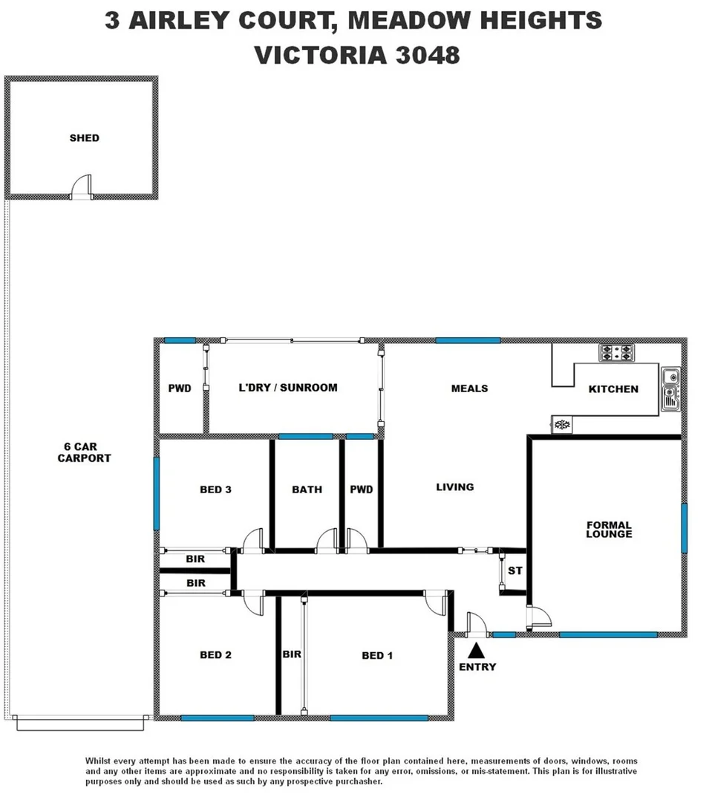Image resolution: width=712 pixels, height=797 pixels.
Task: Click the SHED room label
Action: [84, 138]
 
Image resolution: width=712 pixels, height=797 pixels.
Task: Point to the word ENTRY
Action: [477, 667]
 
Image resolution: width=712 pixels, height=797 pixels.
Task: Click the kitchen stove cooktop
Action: [616, 353]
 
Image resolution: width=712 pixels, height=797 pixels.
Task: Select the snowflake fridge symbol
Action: [562, 425]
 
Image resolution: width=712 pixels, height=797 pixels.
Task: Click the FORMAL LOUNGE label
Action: [609, 530]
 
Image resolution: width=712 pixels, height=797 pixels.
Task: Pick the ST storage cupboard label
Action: [515, 571]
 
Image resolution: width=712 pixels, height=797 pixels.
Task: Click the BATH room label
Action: [307, 489]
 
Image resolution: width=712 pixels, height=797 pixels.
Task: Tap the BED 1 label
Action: [377, 655]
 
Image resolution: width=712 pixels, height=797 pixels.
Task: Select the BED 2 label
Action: [215, 655]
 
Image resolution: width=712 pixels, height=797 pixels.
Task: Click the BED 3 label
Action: [215, 489]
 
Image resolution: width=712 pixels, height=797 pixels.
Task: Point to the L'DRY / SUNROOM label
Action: [288, 388]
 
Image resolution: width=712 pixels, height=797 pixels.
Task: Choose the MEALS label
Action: [469, 388]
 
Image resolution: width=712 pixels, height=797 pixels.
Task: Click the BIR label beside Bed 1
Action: [291, 655]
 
